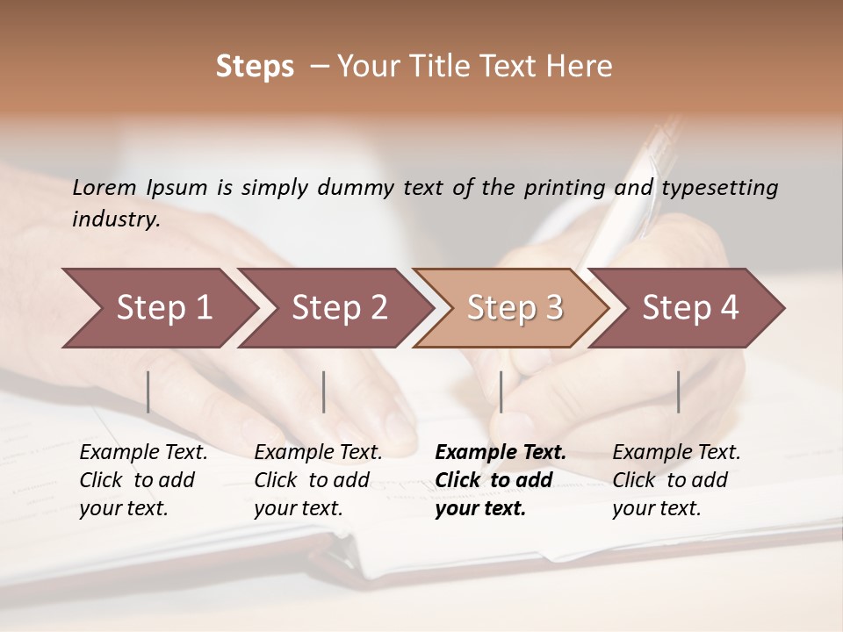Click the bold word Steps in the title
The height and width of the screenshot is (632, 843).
pos(255,67)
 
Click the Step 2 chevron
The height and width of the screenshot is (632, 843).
pos(339,307)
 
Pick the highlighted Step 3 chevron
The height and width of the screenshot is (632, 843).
pos(515,307)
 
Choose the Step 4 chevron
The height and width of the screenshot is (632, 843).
pos(690,307)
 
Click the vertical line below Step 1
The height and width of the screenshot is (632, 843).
pos(148,391)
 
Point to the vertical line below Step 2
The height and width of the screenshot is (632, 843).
pos(324,391)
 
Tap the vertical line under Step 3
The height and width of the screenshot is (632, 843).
pos(501,391)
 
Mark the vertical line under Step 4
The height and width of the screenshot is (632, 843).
pos(679,391)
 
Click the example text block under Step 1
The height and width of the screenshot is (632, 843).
pos(143,480)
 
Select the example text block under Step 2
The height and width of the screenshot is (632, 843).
pos(318,480)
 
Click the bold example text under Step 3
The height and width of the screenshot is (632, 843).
pos(501,480)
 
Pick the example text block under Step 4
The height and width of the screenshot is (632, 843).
pos(676,480)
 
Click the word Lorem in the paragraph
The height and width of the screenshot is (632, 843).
pos(104,187)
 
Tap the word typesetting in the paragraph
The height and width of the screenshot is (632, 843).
pos(719,187)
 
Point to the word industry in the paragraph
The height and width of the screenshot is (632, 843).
pos(116,219)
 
